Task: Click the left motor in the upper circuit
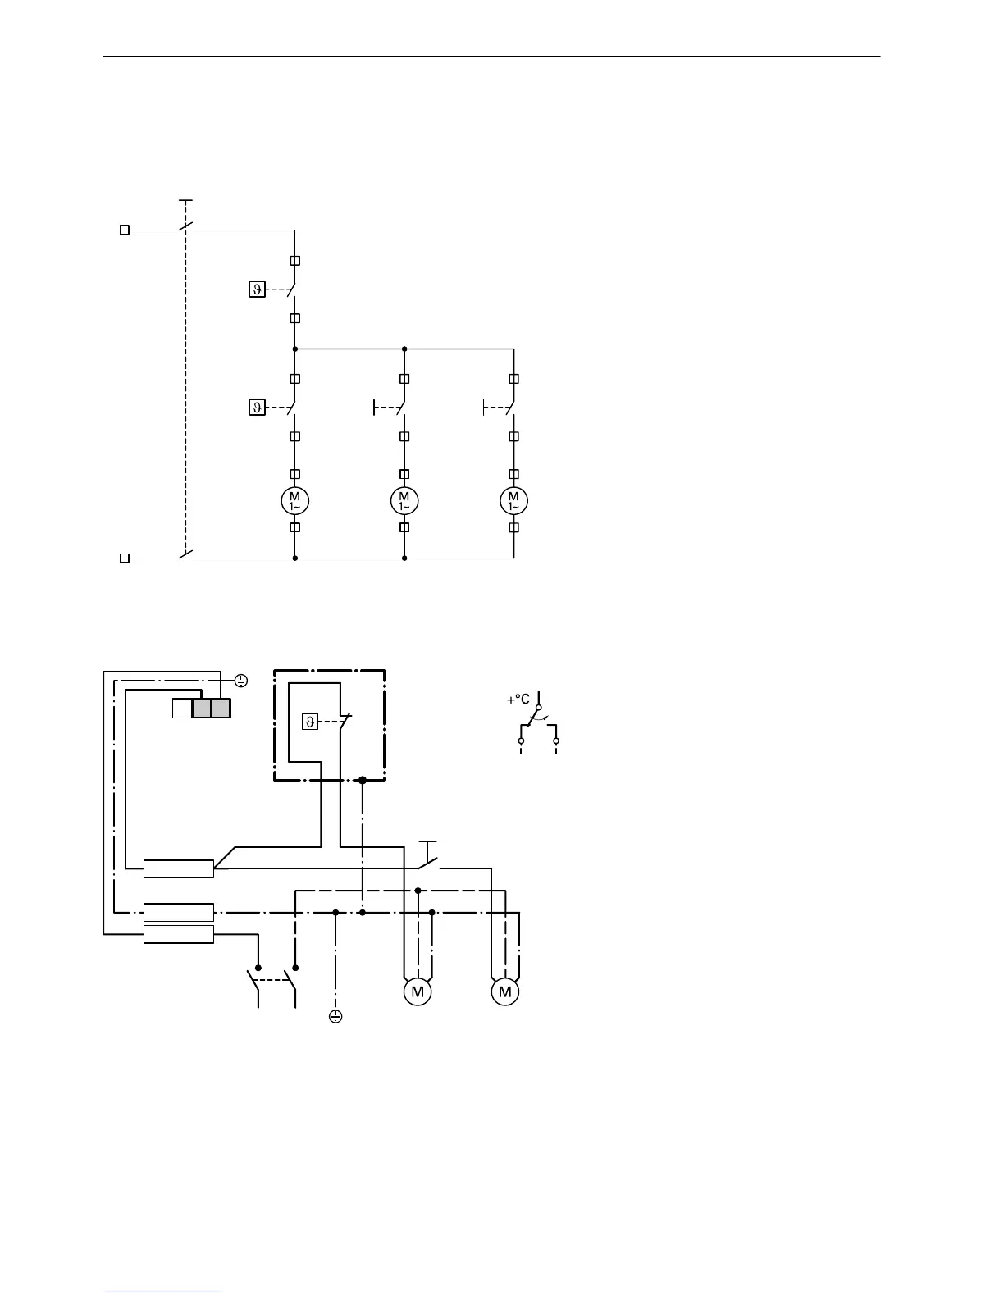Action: pos(295,500)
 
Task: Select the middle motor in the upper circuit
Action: pos(404,500)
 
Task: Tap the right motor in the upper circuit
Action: pos(514,500)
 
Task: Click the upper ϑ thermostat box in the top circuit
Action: pos(257,289)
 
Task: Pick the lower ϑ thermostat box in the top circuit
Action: pos(257,407)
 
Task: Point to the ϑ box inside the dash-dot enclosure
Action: pos(310,722)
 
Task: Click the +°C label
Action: pos(518,700)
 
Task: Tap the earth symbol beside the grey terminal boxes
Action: pos(241,680)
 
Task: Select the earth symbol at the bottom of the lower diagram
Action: pos(335,1017)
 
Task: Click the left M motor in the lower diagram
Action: pos(418,992)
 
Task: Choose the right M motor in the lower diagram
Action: pos(505,992)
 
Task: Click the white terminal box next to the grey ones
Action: pos(181,708)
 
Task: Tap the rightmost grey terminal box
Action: pos(221,708)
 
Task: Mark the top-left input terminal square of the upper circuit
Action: pos(125,230)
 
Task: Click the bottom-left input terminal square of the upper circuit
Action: pos(125,558)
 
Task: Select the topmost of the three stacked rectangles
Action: pos(179,868)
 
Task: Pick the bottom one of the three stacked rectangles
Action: pos(179,933)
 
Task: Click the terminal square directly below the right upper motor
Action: pos(514,527)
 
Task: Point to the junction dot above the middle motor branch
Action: pos(404,349)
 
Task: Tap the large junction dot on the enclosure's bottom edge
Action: pos(363,781)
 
